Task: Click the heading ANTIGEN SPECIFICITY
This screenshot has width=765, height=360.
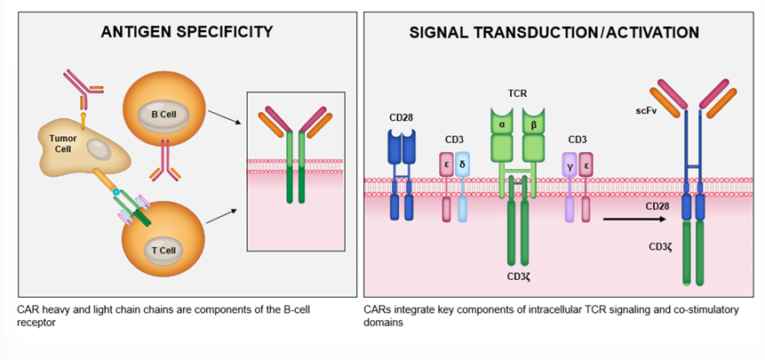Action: [186, 32]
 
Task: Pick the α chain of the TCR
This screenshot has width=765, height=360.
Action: [502, 124]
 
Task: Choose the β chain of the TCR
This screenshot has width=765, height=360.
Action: [532, 124]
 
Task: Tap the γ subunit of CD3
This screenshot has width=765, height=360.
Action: [569, 164]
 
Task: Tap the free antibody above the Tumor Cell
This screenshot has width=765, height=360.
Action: [82, 90]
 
